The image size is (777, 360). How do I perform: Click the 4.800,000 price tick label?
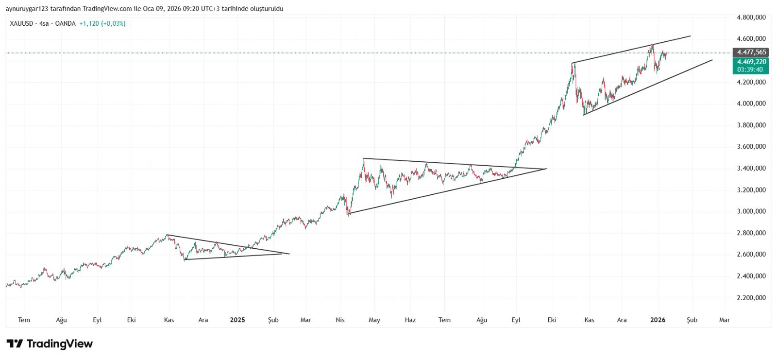point(751,17)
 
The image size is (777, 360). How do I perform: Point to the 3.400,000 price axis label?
point(751,168)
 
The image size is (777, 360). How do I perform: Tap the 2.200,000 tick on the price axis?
point(751,298)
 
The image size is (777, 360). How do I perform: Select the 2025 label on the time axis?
point(237,320)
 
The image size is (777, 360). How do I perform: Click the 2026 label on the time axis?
point(658,320)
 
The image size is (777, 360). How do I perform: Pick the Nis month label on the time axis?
point(340,320)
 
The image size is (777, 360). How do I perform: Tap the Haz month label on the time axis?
point(410,320)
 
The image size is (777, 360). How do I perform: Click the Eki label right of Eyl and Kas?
point(551,320)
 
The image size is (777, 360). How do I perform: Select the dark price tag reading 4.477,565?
point(751,52)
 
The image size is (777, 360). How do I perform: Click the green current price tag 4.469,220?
point(751,62)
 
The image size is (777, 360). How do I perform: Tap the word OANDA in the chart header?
point(66,23)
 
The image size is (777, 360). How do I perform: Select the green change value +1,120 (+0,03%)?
point(102,23)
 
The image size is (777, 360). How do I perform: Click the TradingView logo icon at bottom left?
point(15,344)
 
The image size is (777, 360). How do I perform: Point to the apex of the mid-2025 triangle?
point(546,169)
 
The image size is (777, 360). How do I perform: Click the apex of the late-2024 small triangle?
point(289,254)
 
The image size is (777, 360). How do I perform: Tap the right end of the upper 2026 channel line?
point(690,36)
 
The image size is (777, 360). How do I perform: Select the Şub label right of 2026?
point(692,320)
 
